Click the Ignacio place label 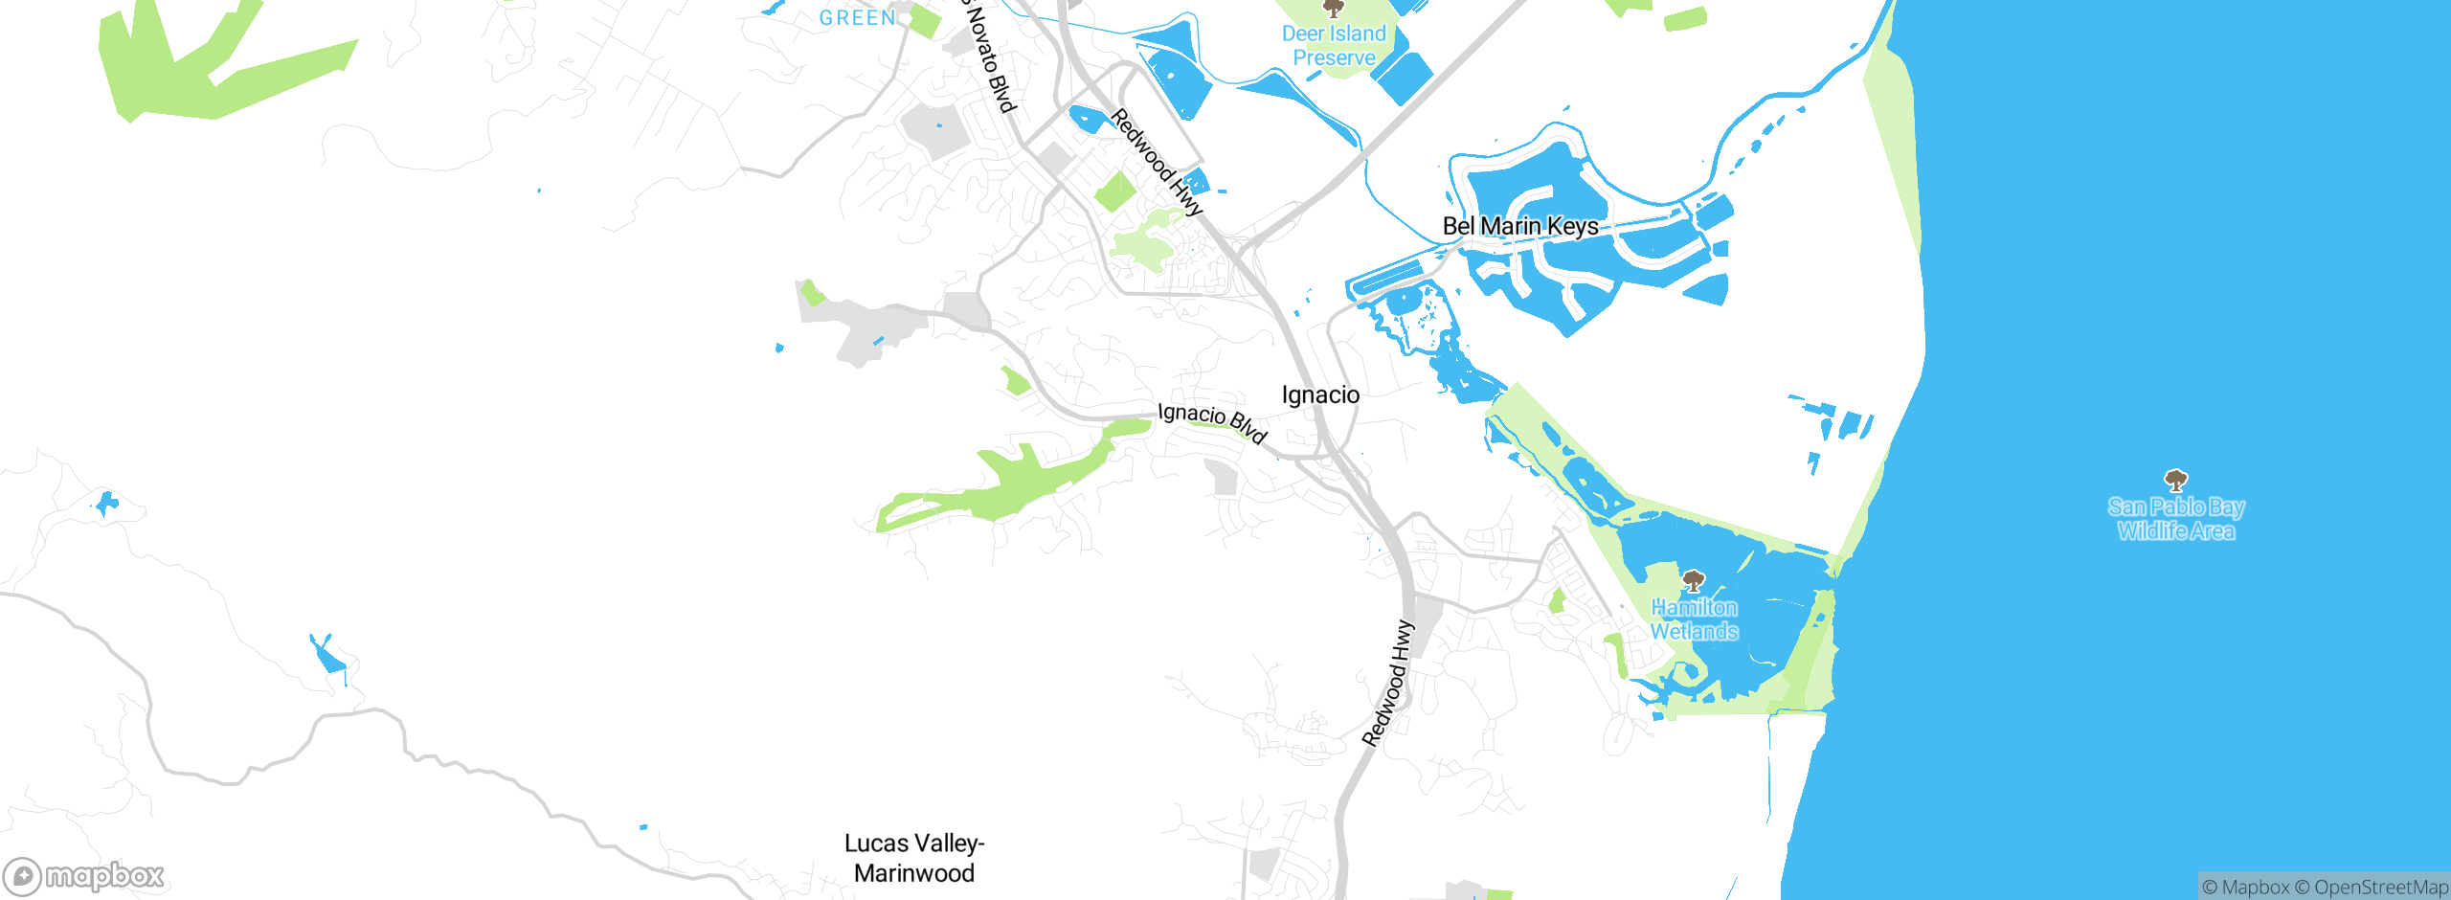coord(1320,395)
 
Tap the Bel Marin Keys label coord(1520,227)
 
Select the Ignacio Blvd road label coord(1212,422)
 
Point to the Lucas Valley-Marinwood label coord(914,858)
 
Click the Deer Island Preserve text coord(1334,46)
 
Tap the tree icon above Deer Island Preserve coord(1333,9)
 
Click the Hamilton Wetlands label coord(1694,619)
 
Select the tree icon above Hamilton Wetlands coord(1694,580)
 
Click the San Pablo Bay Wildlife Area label coord(2175,519)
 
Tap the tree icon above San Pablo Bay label coord(2176,480)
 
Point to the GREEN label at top coord(858,18)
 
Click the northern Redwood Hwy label coord(1157,162)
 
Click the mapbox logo coord(83,876)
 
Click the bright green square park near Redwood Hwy coord(1115,191)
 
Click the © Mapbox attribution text coord(2245,888)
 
